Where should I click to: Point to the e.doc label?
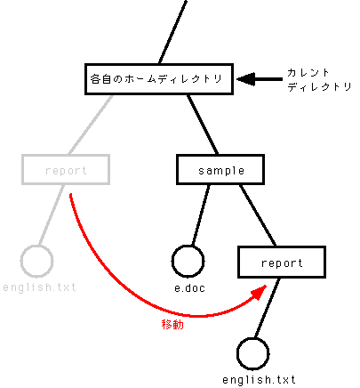tap(189, 288)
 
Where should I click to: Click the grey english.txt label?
tap(39, 287)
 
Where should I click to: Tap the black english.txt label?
tap(259, 380)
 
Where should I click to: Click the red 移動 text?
tap(172, 325)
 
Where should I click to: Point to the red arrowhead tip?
tap(267, 286)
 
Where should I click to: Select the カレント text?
tap(308, 73)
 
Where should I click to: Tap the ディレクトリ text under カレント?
tap(319, 86)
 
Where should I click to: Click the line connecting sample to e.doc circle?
tap(201, 215)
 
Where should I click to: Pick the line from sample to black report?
tap(258, 215)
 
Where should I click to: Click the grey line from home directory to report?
tap(91, 125)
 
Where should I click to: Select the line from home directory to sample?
tap(203, 125)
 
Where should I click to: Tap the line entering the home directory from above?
tap(172, 32)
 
